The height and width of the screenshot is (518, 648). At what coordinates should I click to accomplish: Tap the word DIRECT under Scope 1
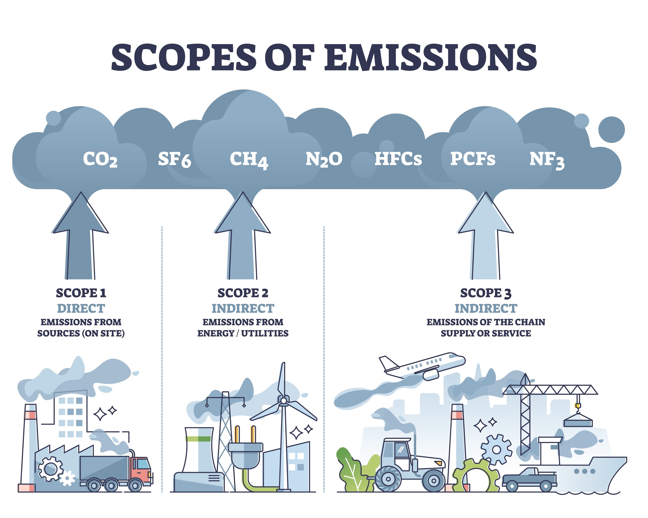81,308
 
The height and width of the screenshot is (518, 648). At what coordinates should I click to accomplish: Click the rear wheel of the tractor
388,479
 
